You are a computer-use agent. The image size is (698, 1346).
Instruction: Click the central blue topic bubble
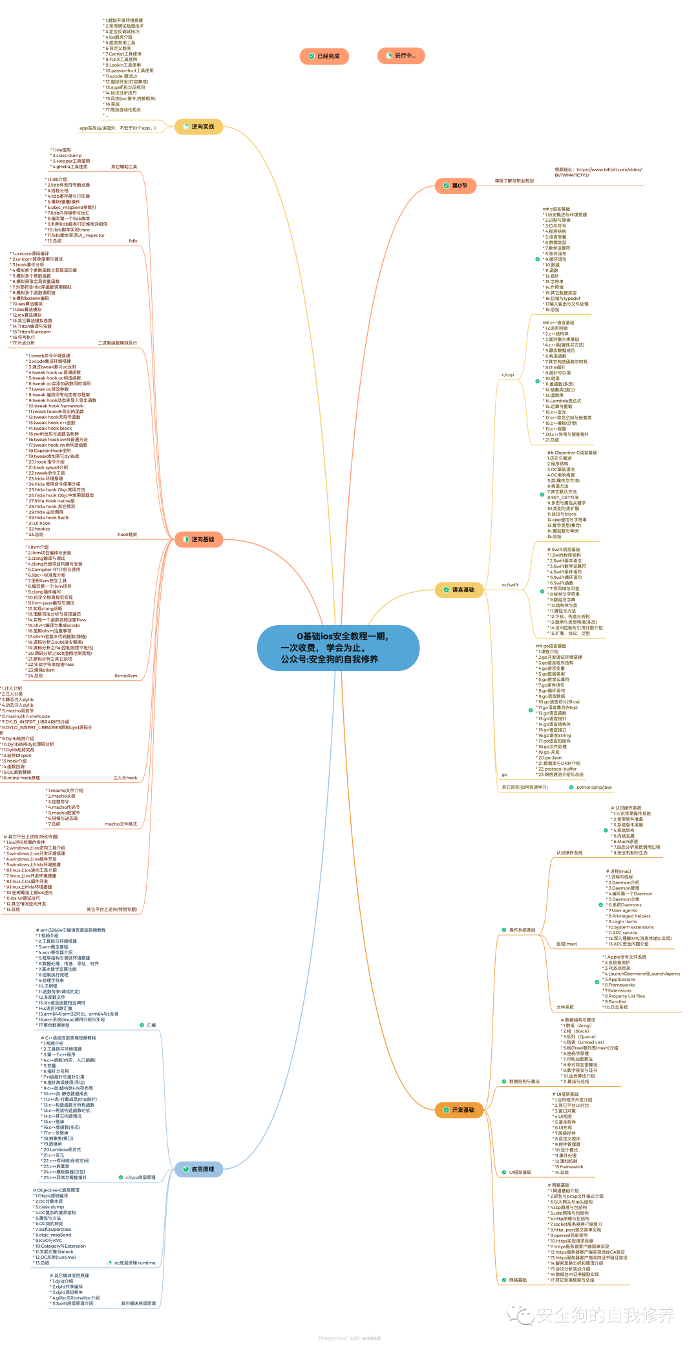(338, 648)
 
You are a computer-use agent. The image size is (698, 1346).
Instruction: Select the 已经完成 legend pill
(324, 56)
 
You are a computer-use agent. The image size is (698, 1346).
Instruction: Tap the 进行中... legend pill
(401, 56)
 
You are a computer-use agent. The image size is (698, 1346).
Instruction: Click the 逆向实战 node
(199, 127)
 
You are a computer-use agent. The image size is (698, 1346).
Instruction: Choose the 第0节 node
(456, 186)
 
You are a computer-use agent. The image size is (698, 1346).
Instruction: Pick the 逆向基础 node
(199, 539)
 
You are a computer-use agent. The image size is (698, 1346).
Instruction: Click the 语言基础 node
(460, 590)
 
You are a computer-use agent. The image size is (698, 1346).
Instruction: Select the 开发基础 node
(460, 1110)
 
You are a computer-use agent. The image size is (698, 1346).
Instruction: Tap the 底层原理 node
(199, 1169)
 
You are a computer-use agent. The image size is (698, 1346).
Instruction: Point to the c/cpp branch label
(508, 375)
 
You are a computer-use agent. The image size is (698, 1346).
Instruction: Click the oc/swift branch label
(510, 585)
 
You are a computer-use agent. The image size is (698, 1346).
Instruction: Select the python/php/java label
(593, 787)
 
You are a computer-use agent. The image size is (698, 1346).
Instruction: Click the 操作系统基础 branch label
(522, 930)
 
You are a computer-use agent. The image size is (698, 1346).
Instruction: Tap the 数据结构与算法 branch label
(523, 1082)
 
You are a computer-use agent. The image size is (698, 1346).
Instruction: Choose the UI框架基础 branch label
(520, 1172)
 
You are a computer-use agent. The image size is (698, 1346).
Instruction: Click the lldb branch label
(132, 241)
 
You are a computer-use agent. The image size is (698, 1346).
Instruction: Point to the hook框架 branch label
(127, 535)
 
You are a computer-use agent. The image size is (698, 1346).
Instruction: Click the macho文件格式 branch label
(121, 824)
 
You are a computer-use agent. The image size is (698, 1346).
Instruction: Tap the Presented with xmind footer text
(349, 1338)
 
